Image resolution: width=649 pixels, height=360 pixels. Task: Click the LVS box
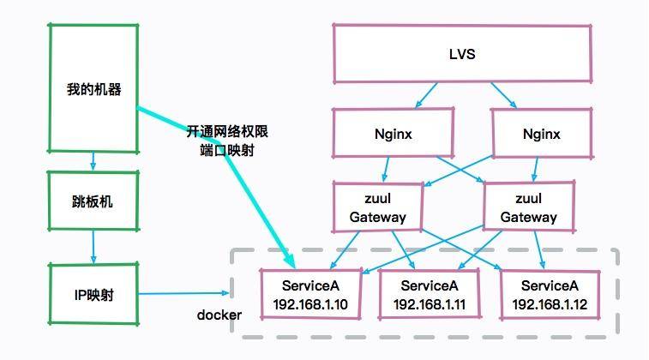462,54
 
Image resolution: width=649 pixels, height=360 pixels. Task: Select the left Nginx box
381,135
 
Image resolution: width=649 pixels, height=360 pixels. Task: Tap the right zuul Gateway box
528,207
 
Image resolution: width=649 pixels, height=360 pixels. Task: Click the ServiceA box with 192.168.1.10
309,294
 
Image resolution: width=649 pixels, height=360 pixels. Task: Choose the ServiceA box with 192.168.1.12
550,294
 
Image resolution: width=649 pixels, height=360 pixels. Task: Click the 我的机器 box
93,88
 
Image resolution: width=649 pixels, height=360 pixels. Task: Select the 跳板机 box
93,202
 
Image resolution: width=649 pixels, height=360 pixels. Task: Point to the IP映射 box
93,295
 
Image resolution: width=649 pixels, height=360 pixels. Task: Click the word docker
219,315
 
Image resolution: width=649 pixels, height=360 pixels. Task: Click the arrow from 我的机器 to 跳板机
93,161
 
